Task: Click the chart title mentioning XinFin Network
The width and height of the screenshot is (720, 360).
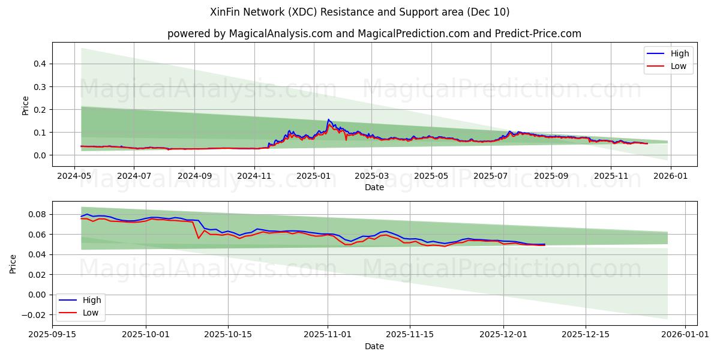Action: click(359, 12)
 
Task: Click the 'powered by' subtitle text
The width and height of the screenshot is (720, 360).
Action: click(374, 34)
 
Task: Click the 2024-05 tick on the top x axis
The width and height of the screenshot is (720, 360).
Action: click(74, 177)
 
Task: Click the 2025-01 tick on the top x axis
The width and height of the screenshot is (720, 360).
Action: click(313, 177)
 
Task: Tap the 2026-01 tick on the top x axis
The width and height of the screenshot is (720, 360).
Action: click(670, 177)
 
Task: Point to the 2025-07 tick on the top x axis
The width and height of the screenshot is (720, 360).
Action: click(490, 177)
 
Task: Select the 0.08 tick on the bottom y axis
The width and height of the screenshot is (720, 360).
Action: click(37, 214)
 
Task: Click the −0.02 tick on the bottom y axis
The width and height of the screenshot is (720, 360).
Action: click(35, 315)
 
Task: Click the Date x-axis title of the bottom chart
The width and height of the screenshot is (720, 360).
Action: click(374, 346)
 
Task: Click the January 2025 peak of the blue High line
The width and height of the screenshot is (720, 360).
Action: click(328, 119)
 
